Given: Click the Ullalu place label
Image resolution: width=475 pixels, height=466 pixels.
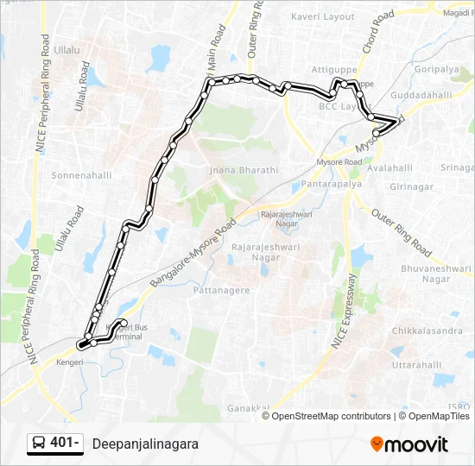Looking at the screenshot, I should (x=66, y=50).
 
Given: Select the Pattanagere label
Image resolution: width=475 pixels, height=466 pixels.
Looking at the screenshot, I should (x=223, y=290).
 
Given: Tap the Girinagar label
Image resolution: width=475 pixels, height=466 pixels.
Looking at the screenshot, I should (x=411, y=186).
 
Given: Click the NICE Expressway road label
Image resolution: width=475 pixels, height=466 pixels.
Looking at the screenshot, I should (x=343, y=311).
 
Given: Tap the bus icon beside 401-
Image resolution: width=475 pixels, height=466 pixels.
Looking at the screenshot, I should (x=39, y=444).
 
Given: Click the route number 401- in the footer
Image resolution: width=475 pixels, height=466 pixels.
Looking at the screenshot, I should (x=65, y=444).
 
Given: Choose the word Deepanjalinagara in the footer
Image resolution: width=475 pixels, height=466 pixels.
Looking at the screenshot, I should (x=145, y=444).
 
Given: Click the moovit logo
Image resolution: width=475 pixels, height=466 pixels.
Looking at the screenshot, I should (x=409, y=444).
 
